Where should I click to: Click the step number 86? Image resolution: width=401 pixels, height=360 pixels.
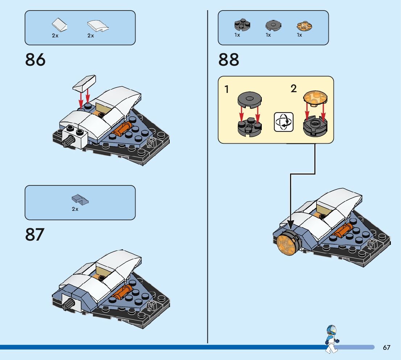[36, 60]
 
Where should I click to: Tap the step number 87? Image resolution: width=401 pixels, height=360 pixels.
[35, 235]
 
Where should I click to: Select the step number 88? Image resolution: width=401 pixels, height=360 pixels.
[229, 60]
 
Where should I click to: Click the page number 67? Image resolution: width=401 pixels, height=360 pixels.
[386, 348]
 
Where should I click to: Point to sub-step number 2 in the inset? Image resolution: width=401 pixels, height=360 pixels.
[294, 88]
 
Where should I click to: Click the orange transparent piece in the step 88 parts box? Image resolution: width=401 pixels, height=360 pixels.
[305, 26]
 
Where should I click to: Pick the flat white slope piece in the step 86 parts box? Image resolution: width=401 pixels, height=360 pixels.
[59, 25]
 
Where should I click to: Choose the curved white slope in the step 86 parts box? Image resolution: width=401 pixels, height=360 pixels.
[97, 25]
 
